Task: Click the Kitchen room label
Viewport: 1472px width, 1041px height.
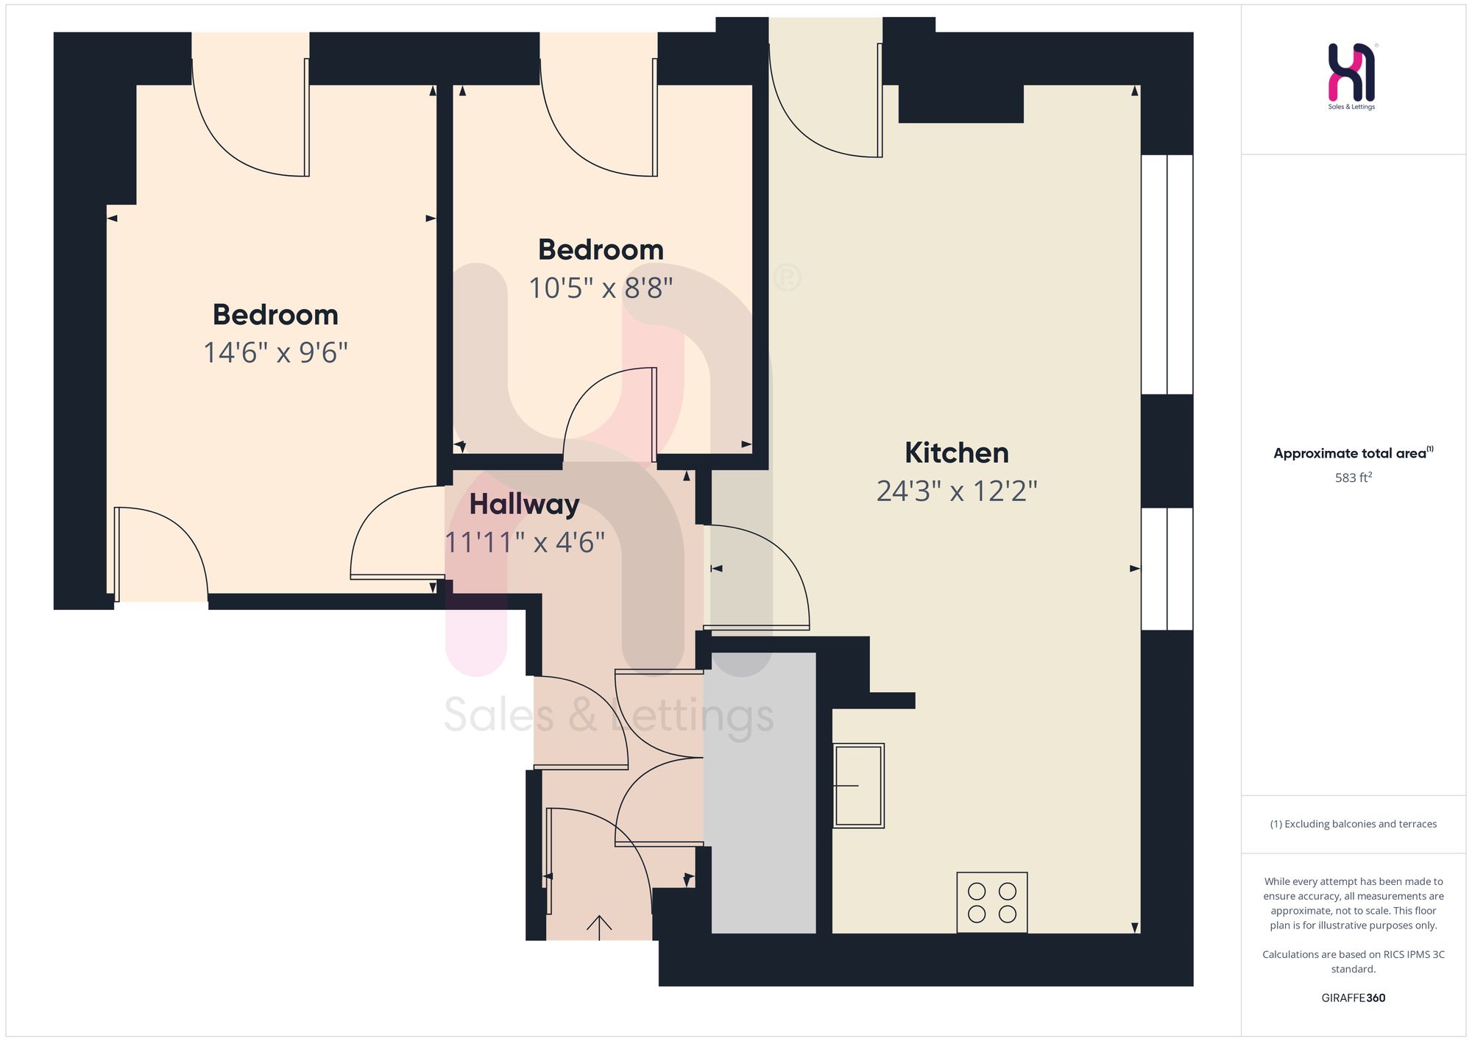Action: (956, 453)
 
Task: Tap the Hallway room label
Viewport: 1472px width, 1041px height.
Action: (524, 505)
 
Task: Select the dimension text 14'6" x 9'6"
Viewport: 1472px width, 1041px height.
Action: (275, 353)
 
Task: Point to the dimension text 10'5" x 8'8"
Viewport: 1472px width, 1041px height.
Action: (601, 288)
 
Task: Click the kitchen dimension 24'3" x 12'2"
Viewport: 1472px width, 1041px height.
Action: (957, 491)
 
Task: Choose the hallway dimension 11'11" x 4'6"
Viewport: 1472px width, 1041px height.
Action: (525, 543)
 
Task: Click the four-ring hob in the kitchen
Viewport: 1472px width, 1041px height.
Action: (991, 903)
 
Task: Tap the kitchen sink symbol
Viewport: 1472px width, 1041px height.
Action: (859, 786)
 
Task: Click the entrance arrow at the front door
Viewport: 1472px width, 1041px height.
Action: (599, 928)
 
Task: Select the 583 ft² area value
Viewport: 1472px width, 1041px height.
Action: (1354, 478)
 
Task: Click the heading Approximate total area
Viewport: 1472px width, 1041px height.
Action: (1353, 453)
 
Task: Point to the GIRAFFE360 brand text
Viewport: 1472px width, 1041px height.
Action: (1354, 998)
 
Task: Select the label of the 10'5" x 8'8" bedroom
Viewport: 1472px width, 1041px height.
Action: (601, 250)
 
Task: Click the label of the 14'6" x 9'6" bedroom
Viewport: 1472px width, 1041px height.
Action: (275, 316)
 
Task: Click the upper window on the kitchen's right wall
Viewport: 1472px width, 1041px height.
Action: (1167, 274)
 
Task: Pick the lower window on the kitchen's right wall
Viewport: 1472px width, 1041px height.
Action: (1167, 569)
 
